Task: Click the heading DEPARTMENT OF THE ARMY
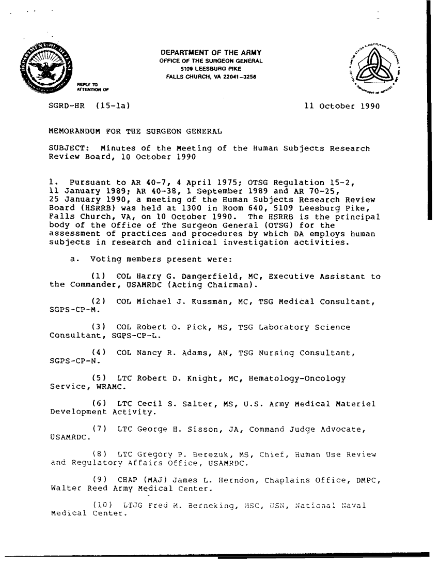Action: tap(212, 53)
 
